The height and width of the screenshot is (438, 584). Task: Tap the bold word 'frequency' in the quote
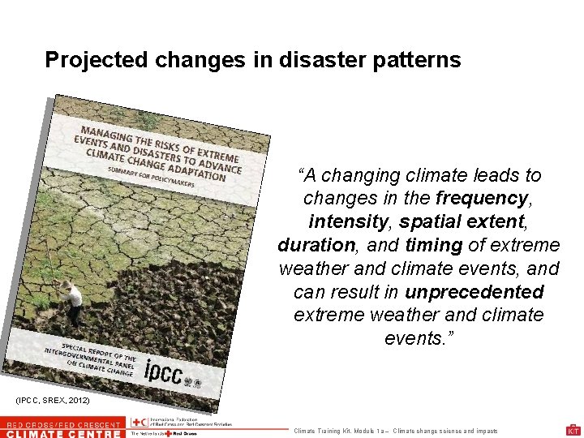point(481,198)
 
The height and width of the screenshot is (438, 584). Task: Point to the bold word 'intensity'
point(345,221)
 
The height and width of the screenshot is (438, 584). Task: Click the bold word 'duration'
point(316,244)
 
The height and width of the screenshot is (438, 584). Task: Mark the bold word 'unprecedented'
point(474,291)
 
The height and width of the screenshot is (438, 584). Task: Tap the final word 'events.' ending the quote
point(419,337)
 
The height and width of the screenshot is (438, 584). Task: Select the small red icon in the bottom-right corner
point(573,430)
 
